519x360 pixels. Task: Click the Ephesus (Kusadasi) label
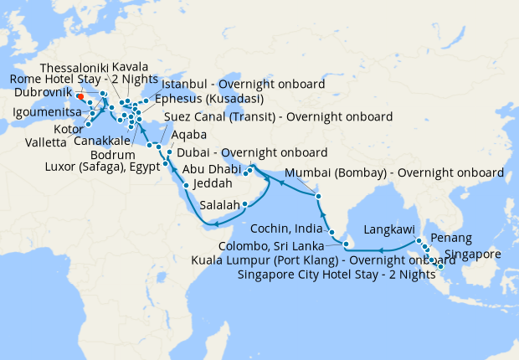[205, 99]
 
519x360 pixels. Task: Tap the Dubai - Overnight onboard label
[252, 153]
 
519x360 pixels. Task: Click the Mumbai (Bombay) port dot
[318, 197]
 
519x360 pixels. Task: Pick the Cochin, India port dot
[331, 233]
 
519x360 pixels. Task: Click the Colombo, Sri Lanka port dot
[345, 244]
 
